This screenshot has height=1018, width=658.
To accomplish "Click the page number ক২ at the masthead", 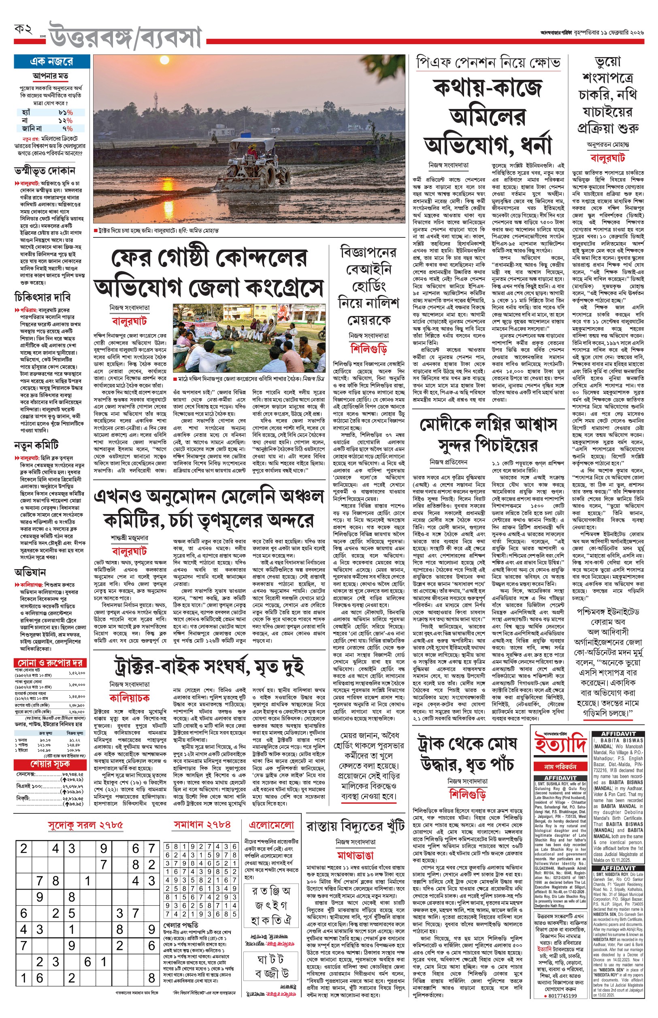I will pyautogui.click(x=23, y=30).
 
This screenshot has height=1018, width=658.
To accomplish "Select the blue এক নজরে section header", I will pyautogui.click(x=52, y=62).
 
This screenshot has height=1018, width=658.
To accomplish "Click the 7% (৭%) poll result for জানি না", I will pyautogui.click(x=68, y=128).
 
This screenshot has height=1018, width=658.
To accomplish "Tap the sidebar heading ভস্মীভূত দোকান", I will pyautogui.click(x=45, y=171).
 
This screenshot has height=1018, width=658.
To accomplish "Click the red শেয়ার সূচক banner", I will pyautogui.click(x=51, y=763).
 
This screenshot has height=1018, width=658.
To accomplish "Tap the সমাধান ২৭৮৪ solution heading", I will pyautogui.click(x=202, y=824).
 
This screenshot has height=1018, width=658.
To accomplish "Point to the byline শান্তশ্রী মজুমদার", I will pyautogui.click(x=130, y=538).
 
